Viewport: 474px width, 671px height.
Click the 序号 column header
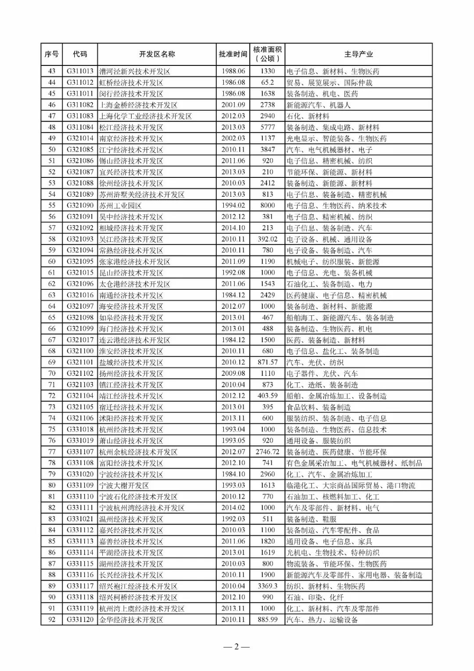(51, 54)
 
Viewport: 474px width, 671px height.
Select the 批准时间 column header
(233, 54)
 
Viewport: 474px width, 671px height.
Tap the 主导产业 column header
(358, 54)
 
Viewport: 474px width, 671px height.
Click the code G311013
(80, 71)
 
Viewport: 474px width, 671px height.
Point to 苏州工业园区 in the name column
(120, 206)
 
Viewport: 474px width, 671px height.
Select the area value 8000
(267, 206)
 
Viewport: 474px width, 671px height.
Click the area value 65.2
(267, 83)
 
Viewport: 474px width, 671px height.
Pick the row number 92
(52, 620)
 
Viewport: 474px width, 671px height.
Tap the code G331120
(80, 620)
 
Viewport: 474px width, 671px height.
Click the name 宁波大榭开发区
(124, 485)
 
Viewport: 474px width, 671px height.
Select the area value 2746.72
(267, 452)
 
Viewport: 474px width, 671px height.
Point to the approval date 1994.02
(233, 206)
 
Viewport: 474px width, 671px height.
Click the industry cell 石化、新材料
(308, 116)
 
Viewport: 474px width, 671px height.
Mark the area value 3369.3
(267, 586)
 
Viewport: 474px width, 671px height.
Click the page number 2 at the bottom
(236, 646)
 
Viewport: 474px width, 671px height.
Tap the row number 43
(52, 71)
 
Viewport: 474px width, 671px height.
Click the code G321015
(80, 273)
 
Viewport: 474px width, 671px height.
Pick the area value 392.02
(267, 239)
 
